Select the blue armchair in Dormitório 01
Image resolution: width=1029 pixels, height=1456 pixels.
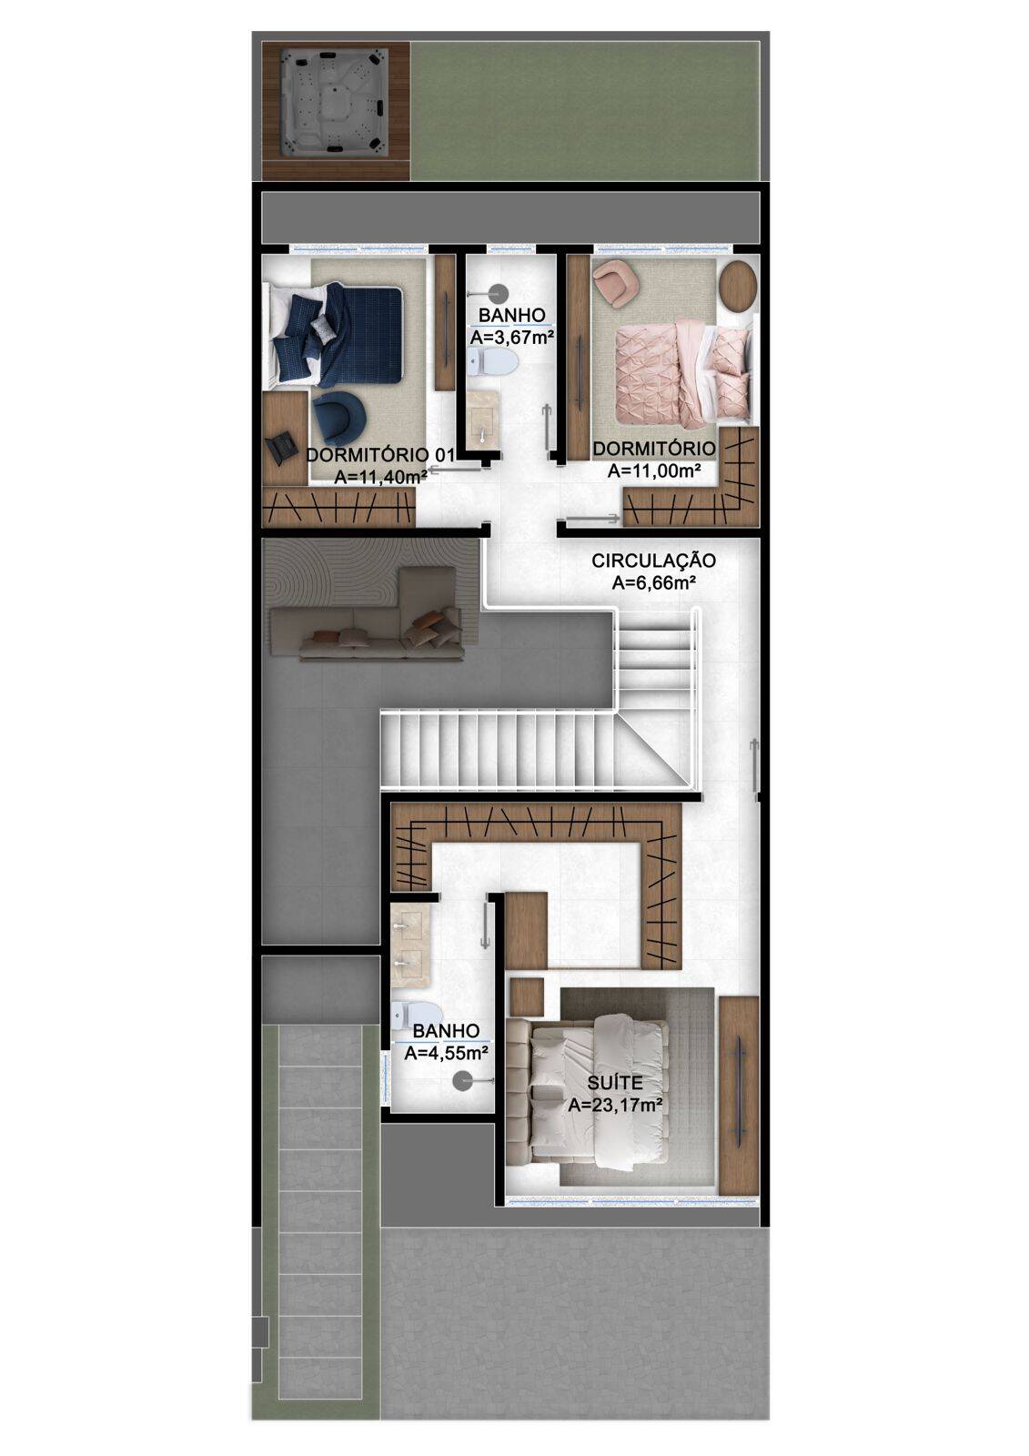338,415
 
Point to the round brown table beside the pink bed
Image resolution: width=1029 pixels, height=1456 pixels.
737,285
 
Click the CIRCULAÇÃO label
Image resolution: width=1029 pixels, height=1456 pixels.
653,561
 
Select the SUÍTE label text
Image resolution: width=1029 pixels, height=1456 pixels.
615,1083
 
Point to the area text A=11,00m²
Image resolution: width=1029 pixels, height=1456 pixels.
653,470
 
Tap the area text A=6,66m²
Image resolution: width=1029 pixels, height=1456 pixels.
653,583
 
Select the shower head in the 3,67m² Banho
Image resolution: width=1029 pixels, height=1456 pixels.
496,293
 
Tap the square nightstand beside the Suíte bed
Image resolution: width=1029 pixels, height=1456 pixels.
527,996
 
